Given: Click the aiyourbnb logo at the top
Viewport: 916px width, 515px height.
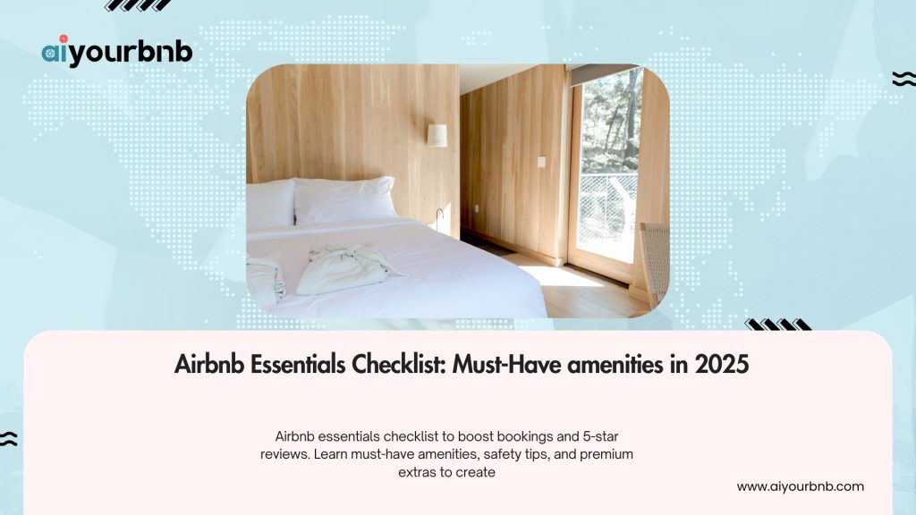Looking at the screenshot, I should point(117,53).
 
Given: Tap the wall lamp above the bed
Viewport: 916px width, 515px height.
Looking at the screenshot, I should point(437,135).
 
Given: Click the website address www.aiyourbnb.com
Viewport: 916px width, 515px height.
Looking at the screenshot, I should point(800,486).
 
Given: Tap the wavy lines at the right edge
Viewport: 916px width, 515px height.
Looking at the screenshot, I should point(903,80).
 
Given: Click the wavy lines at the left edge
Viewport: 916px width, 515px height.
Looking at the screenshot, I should point(9,438).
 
